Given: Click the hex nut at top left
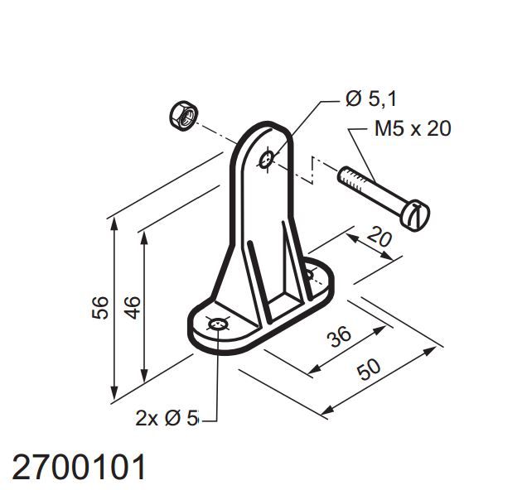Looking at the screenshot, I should (x=183, y=114).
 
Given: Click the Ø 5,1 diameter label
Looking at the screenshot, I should (x=371, y=99).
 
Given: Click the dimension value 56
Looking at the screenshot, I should (x=98, y=309).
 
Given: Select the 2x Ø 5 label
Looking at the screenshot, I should (x=167, y=418).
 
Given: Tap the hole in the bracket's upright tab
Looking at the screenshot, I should (x=267, y=158).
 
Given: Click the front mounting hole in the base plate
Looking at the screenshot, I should (x=217, y=326).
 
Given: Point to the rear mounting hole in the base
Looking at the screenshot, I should (x=311, y=273).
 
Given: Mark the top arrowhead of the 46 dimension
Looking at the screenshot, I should (x=144, y=237).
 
